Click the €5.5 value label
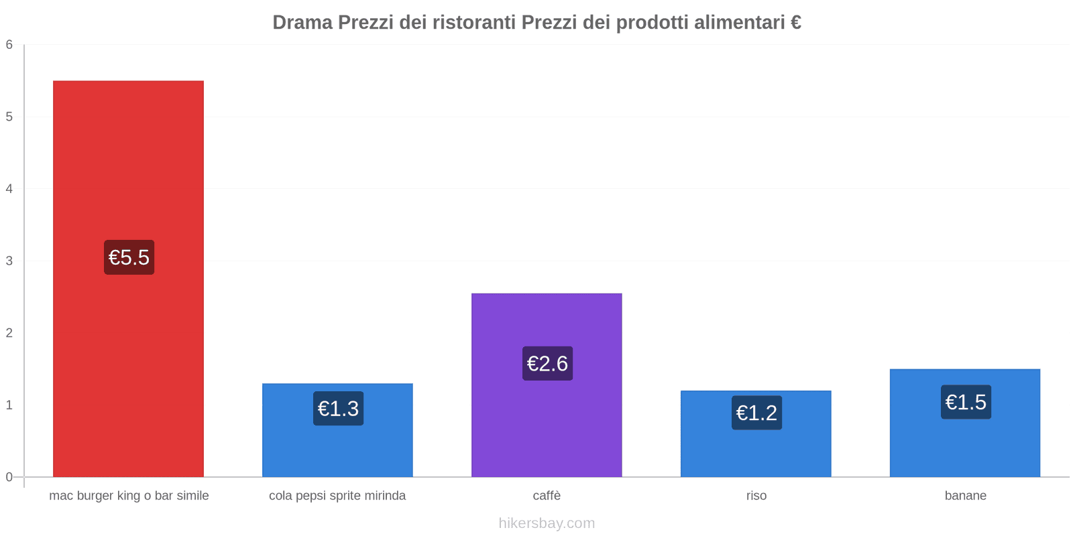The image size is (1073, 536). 129,257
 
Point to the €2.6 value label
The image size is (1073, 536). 547,363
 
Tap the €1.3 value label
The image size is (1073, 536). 338,409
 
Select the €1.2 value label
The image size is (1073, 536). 756,413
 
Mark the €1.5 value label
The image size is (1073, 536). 966,402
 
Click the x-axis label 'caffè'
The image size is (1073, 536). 547,496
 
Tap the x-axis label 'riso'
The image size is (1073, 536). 756,496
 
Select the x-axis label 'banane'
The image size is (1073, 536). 965,496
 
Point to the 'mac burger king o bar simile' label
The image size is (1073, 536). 129,496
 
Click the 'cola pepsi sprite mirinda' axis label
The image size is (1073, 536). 337,496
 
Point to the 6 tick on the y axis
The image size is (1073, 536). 9,45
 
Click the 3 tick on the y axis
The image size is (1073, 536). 9,261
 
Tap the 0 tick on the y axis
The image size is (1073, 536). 9,477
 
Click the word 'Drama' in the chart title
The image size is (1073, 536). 302,23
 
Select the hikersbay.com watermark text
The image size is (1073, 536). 547,523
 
